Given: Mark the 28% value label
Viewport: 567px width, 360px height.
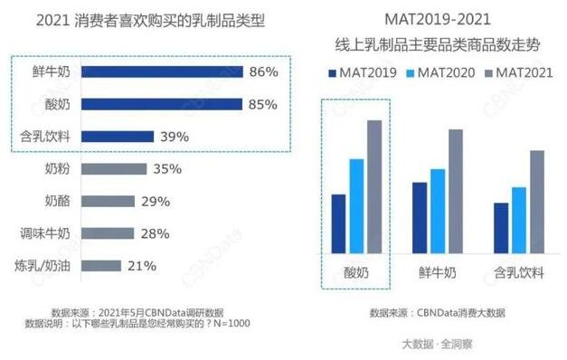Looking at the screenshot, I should coord(155,233).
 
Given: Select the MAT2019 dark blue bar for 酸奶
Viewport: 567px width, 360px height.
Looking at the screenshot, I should coord(338,226).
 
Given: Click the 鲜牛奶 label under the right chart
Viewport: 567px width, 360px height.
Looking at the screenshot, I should coord(437,270).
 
